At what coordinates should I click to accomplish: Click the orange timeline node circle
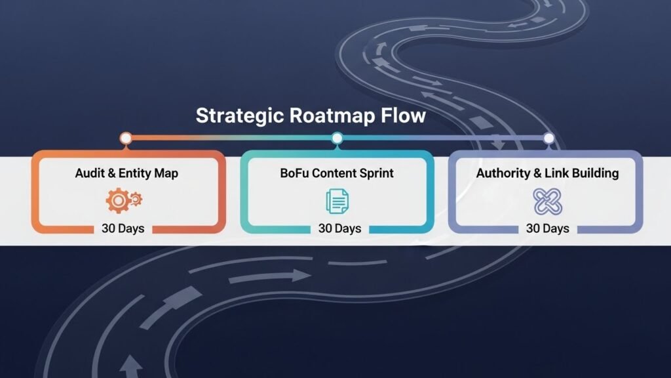[x=126, y=138]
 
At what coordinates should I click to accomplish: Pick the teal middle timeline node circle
[x=337, y=138]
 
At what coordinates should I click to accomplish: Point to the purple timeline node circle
[x=548, y=138]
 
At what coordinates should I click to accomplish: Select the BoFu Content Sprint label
[x=337, y=174]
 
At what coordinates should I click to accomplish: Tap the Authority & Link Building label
[x=547, y=174]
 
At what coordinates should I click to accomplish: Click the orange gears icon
[x=124, y=201]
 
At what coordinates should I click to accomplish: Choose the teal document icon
[x=337, y=201]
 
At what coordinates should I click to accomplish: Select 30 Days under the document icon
[x=339, y=228]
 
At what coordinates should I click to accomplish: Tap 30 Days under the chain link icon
[x=547, y=228]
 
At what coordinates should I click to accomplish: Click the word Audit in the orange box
[x=89, y=174]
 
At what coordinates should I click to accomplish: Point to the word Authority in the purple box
[x=499, y=174]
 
